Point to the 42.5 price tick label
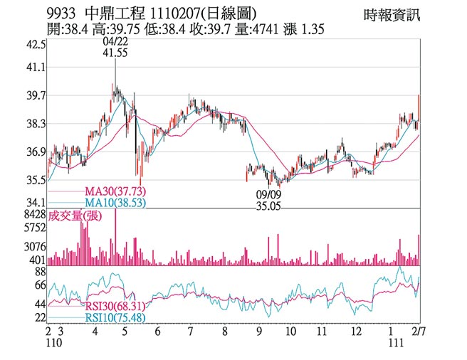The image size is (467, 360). point(36,43)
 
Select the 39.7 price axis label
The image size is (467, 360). point(36,95)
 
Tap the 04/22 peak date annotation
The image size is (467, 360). point(115,43)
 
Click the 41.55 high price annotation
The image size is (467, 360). point(115,53)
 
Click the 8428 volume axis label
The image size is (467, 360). point(35,214)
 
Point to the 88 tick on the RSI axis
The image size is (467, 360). point(40,272)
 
